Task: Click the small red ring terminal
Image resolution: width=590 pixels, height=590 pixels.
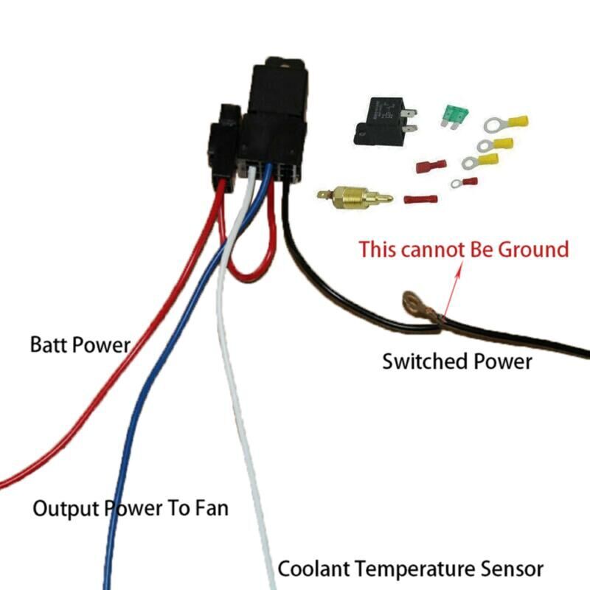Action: [x=464, y=182]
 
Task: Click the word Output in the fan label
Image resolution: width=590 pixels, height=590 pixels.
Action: [x=65, y=508]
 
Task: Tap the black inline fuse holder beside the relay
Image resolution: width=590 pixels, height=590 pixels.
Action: [x=222, y=147]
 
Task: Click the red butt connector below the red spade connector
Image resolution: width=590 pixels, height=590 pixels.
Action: [x=421, y=199]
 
